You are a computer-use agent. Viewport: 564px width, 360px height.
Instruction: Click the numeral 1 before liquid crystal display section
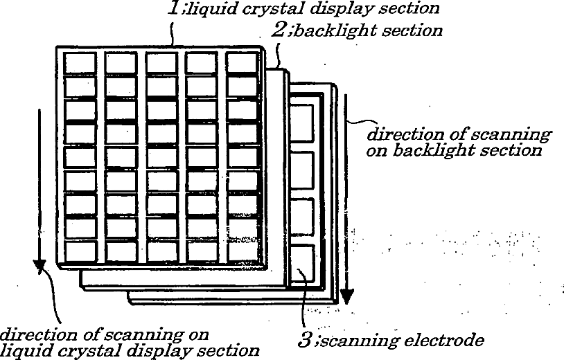(x=175, y=8)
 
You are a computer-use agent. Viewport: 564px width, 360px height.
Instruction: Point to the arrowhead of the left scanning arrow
(x=39, y=267)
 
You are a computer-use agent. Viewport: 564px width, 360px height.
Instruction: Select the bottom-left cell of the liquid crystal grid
(x=80, y=251)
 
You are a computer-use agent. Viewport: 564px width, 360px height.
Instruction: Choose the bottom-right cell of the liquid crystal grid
(x=241, y=251)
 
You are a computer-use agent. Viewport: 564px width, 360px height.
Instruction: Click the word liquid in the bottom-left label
(x=21, y=350)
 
